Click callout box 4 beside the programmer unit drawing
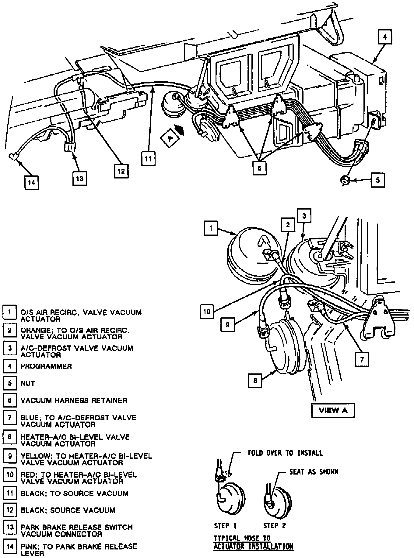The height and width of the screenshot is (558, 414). coord(385,37)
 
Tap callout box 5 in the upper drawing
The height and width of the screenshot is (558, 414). coord(378,180)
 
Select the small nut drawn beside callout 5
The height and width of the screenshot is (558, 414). coord(345,181)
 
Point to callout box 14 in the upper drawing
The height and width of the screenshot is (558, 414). coord(32,182)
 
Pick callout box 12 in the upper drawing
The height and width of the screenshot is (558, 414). coord(121,171)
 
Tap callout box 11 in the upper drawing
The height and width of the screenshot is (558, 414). coord(148,159)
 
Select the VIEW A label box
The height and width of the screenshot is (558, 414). coord(333,410)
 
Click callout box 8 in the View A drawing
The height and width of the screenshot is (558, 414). coord(255,380)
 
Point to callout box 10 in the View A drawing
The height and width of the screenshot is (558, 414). coord(207,312)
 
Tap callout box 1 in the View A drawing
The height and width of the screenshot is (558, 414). coord(211,228)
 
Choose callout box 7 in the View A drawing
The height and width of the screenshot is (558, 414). coord(362,360)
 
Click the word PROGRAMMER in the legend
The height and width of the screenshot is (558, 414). coord(46,366)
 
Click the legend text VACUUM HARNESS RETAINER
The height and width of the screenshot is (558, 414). coord(74,401)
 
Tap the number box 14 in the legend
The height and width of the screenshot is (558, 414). coord(10,546)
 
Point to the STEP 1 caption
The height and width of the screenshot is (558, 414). coord(225,525)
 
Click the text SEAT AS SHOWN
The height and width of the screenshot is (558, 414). coord(314,472)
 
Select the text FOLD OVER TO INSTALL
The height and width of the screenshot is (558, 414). coord(285,453)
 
